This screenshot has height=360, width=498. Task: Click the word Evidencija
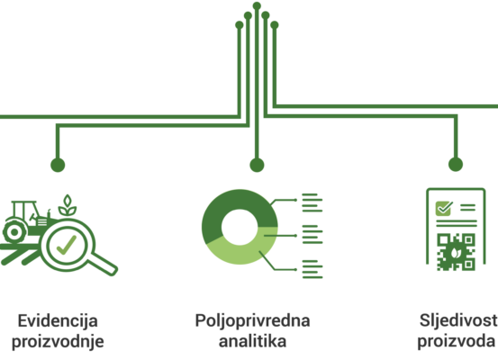(58, 321)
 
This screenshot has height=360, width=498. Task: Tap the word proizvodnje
(58, 342)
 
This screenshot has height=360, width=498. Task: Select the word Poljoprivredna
(252, 321)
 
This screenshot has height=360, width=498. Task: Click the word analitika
(252, 341)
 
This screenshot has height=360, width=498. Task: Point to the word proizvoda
(456, 342)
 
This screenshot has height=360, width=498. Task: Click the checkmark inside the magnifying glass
(67, 245)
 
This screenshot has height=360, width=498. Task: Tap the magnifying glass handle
(104, 264)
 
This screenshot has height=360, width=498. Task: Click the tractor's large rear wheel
(14, 232)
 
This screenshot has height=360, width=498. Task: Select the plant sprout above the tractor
(68, 205)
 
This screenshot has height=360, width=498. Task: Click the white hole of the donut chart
(240, 227)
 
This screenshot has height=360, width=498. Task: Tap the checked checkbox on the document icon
(444, 208)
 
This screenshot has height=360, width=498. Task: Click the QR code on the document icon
(456, 252)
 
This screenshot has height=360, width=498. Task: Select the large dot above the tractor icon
(58, 165)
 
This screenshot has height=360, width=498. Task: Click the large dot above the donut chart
(257, 165)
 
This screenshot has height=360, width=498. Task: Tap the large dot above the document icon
(456, 165)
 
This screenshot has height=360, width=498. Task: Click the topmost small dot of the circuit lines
(257, 6)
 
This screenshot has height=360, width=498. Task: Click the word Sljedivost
(458, 321)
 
